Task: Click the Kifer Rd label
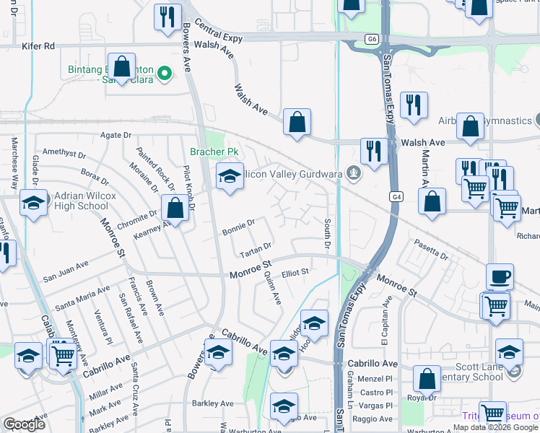click(39, 45)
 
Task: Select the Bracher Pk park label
click(214, 152)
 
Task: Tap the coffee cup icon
click(500, 277)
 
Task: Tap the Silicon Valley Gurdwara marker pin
click(353, 173)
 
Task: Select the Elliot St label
click(295, 272)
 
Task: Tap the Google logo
click(24, 424)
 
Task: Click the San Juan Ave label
click(65, 276)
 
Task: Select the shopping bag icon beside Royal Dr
click(427, 379)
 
